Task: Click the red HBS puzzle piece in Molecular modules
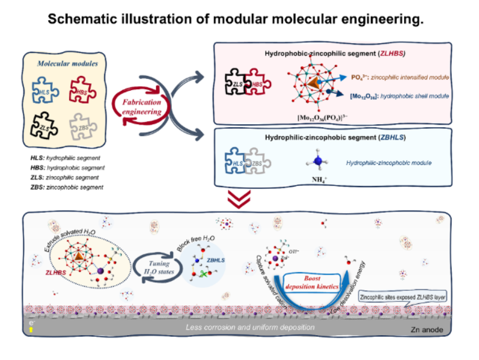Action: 81,93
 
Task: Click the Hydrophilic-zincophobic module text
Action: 387,162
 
